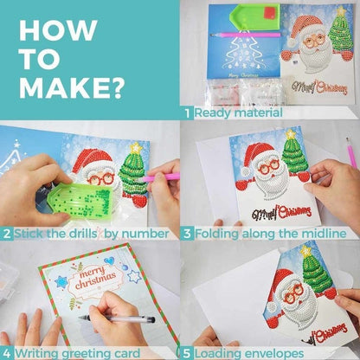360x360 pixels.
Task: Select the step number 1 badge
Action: pos(187,112)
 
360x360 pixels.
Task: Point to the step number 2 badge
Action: pos(6,233)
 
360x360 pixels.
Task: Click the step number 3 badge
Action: pos(187,233)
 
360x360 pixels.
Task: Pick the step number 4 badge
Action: pos(6,353)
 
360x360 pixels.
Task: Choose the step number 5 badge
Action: pos(187,353)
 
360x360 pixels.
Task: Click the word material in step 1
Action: pos(252,112)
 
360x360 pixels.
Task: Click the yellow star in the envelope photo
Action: pos(305,251)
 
